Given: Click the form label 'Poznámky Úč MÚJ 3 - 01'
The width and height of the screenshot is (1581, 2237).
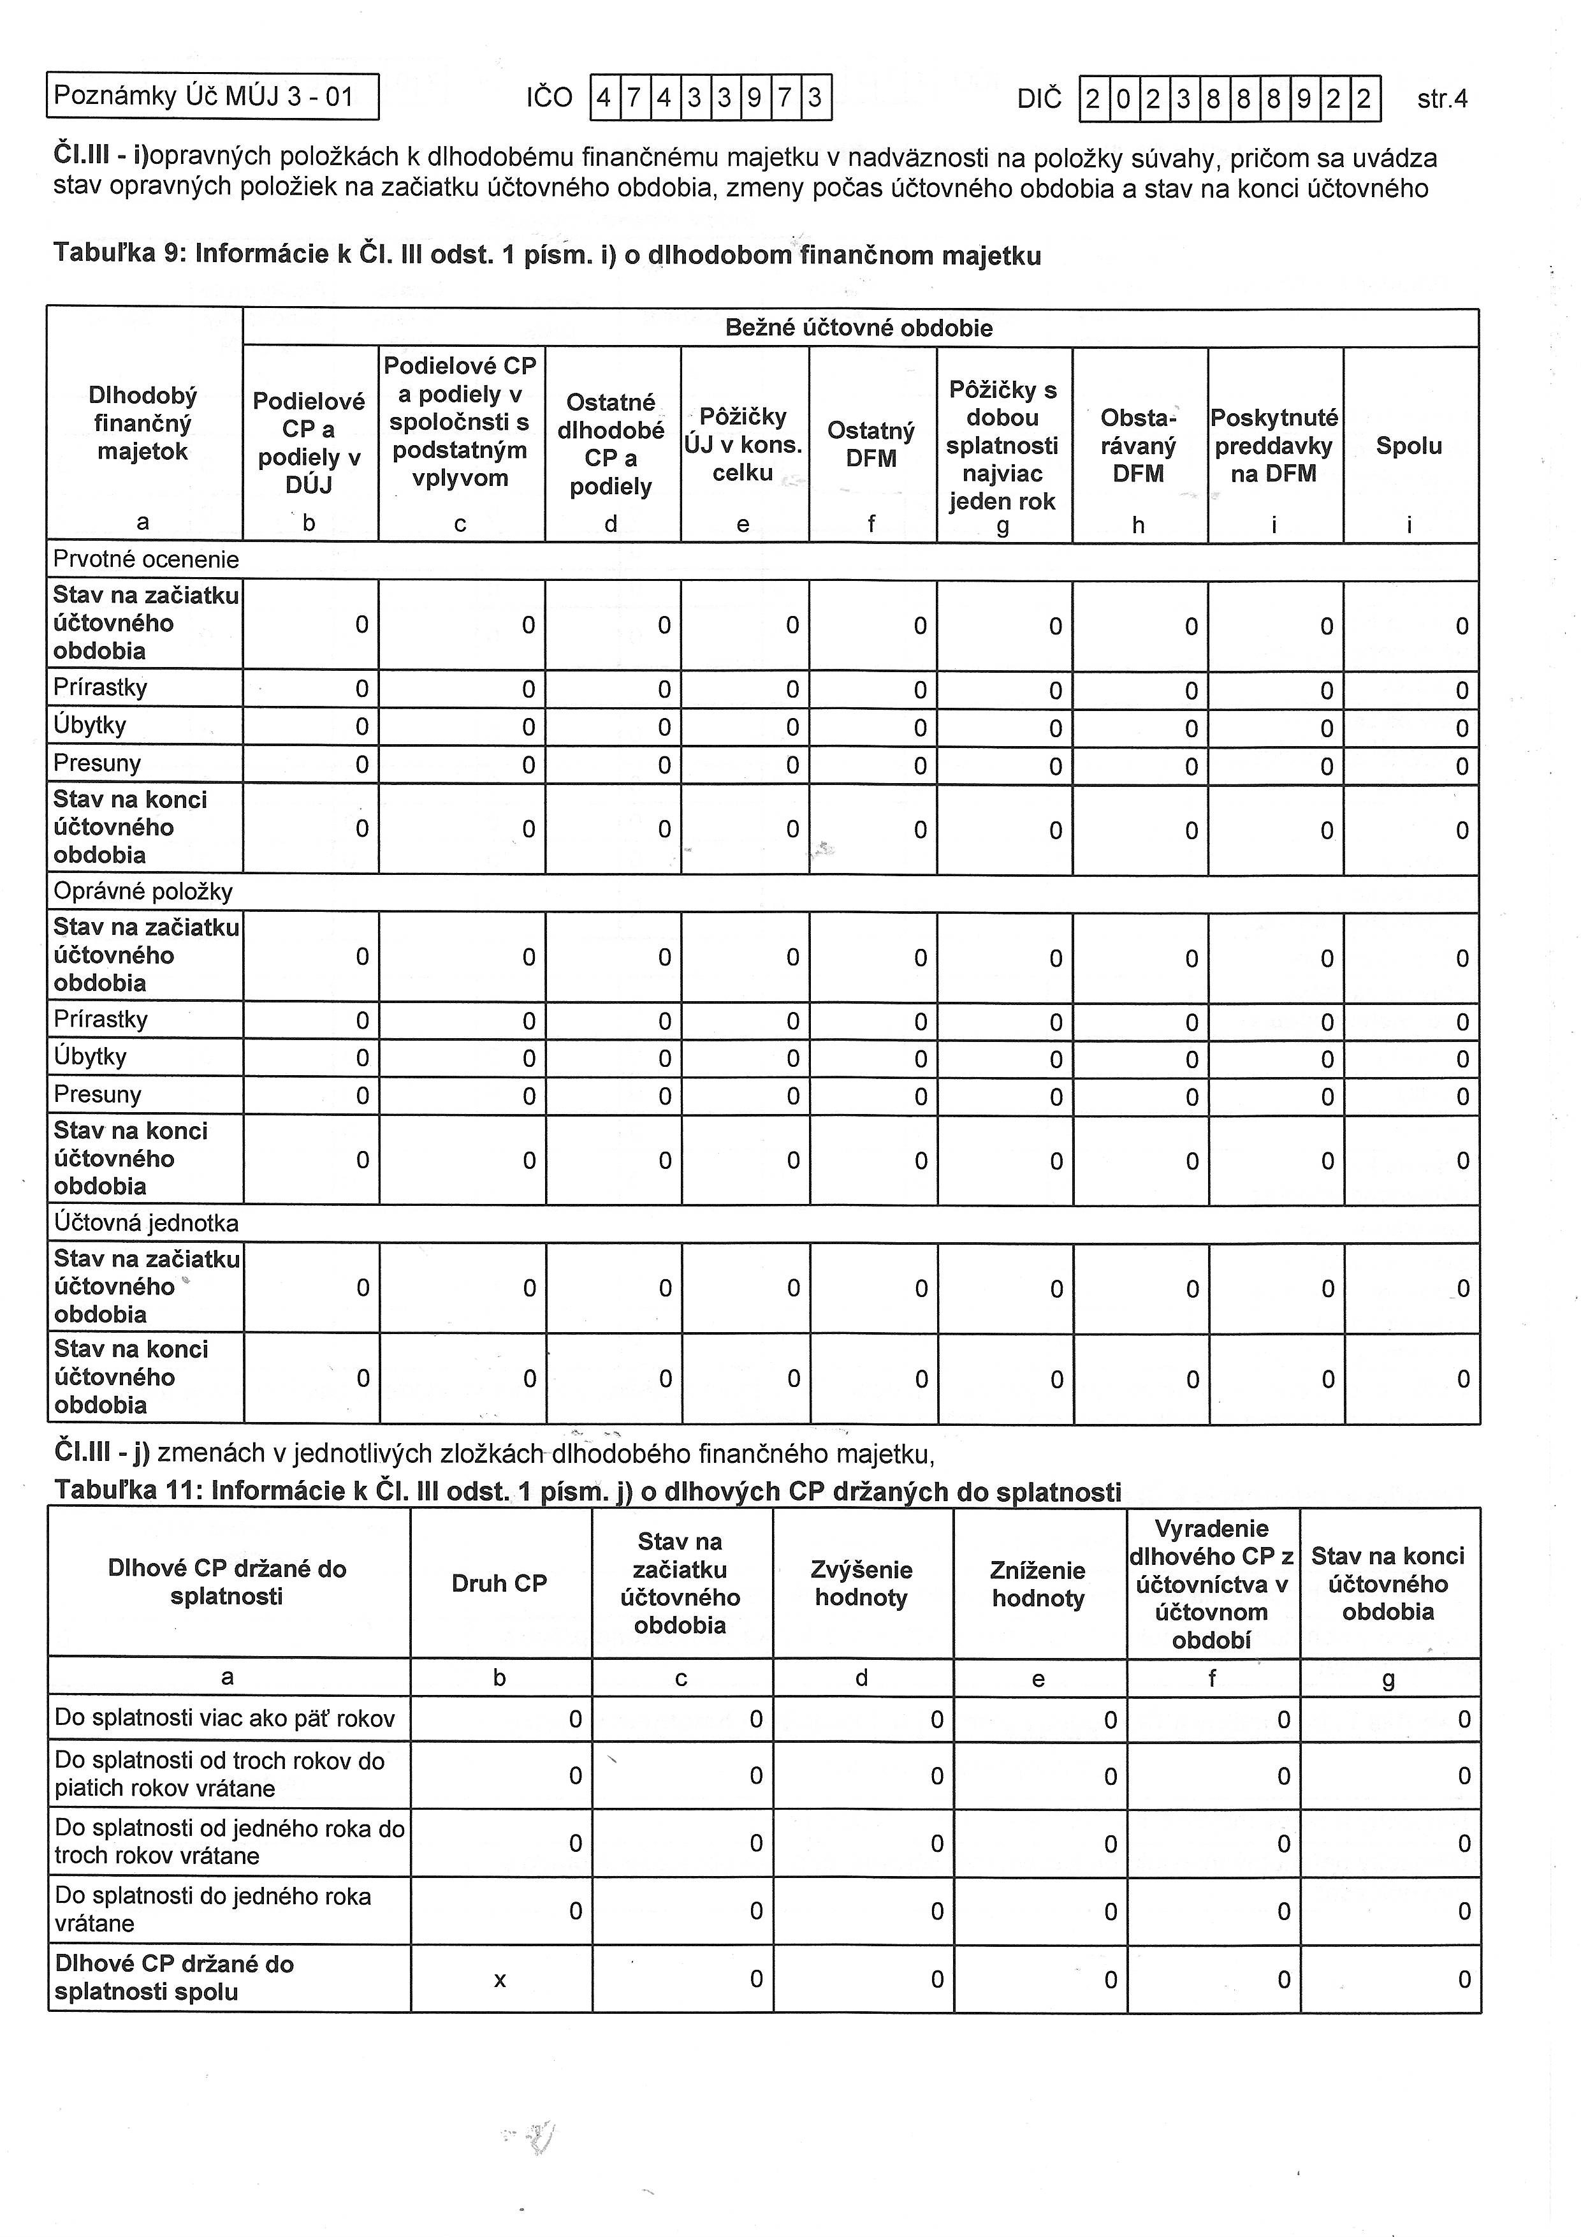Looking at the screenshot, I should coord(203,96).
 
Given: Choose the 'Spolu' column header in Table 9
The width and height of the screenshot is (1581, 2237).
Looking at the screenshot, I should coord(1409,446).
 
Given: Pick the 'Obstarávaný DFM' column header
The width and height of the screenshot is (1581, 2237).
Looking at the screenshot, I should coord(1138,445).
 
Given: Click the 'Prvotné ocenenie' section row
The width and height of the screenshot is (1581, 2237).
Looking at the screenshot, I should coord(146,559).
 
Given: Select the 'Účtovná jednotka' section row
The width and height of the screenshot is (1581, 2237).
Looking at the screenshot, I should coord(146,1222).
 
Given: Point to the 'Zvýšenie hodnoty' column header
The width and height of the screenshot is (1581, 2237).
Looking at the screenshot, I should coord(861,1583).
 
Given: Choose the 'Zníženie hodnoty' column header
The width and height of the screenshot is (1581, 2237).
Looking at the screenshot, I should coord(1038,1583).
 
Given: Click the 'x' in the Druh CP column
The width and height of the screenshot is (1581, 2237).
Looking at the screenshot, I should coord(500,1980).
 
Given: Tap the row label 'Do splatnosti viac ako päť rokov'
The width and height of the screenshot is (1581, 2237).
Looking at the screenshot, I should coord(225,1718).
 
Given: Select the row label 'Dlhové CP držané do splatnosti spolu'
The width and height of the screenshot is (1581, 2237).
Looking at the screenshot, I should coord(175,1978).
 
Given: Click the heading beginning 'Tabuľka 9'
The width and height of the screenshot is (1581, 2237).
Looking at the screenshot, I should coord(546,254).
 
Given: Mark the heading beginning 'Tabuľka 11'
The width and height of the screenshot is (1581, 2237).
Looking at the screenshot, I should coord(587,1492).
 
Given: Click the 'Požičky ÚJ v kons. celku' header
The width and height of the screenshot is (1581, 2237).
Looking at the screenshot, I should coord(743,444).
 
